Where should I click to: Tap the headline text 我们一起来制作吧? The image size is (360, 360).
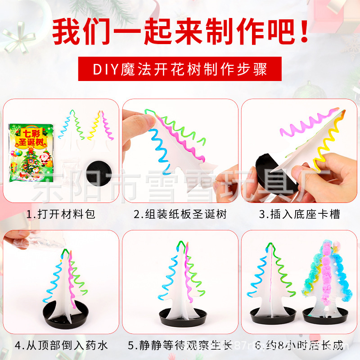point(180,30)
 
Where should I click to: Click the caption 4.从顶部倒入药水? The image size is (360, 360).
point(61,346)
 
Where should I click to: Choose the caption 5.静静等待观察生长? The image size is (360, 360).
point(180,346)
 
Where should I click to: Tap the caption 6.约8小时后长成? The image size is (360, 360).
point(299,346)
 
